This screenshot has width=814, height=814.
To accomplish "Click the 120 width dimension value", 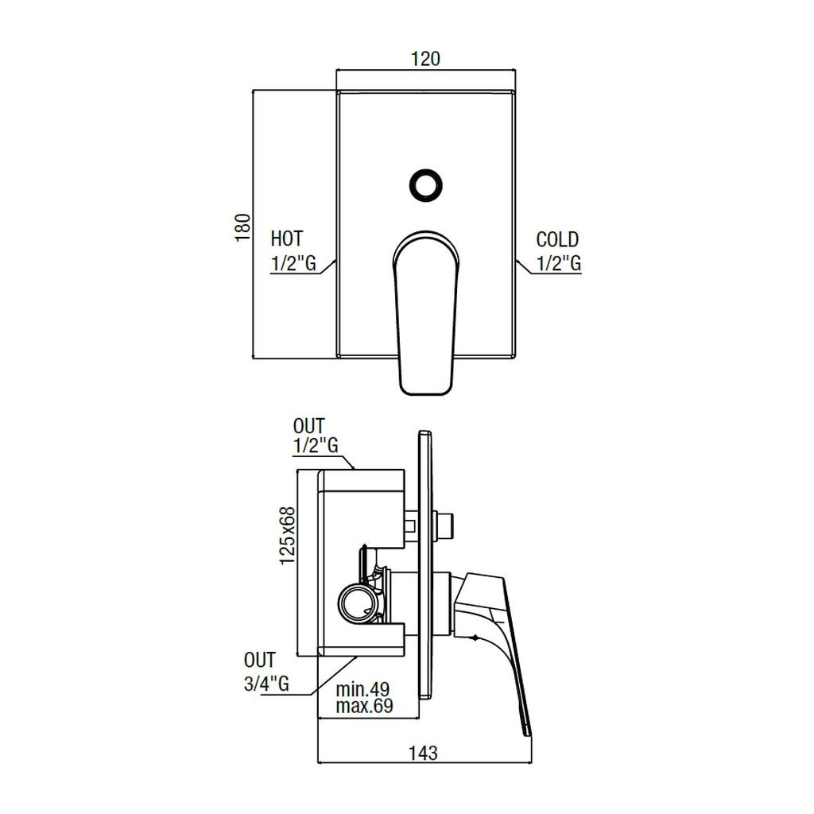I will coord(425,59).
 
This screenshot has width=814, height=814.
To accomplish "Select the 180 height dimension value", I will coord(243,226).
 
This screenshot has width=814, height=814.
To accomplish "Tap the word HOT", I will coord(287,238).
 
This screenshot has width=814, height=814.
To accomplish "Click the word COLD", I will coord(557,239).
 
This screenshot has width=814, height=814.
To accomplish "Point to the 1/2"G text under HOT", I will coord(293,264).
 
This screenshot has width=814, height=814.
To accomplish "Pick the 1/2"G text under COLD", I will coord(559,264).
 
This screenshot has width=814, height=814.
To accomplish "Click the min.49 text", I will coord(362,688).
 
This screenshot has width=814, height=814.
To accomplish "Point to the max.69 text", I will coord(364,706).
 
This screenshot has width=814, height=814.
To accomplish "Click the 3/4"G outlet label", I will coord(266,684).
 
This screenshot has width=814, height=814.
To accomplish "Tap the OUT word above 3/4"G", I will coord(260,661).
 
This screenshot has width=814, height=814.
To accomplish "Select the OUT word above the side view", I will coord(308,427).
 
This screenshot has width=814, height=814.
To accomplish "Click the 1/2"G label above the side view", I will coord(316,446).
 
